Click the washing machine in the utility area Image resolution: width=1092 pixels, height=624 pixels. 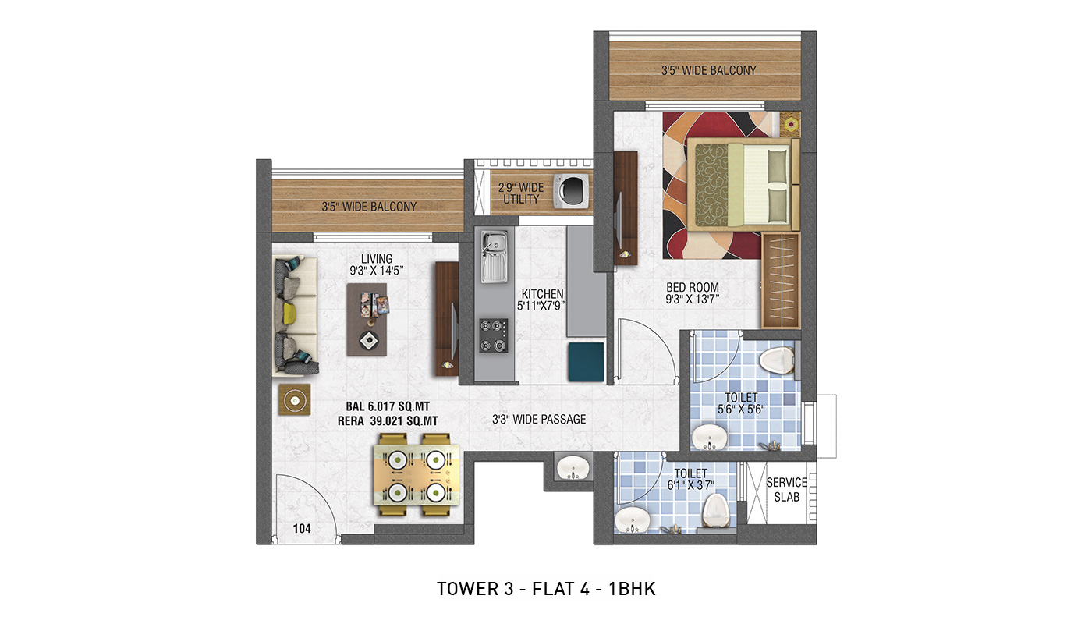point(571,190)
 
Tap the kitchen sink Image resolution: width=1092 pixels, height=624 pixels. point(495,257)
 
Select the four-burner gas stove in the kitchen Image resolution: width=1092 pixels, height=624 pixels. point(493,335)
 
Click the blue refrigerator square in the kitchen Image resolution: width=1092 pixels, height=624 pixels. point(586,362)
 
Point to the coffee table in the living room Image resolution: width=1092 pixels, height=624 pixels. point(367,319)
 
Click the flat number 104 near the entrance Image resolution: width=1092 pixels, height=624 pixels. point(302,529)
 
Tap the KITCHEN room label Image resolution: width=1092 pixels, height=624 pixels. point(542,294)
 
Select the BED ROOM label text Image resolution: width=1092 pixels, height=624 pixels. point(693,287)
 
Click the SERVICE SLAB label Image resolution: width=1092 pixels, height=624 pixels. point(786,490)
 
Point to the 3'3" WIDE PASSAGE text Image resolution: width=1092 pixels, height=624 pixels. point(539,420)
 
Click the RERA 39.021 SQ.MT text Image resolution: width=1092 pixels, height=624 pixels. point(388,420)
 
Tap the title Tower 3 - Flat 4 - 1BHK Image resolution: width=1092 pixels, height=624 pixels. point(546,589)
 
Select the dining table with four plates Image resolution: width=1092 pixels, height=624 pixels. point(417,475)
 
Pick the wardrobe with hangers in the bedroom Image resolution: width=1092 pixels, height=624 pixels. point(781,280)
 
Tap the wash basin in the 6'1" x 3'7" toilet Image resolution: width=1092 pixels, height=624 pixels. point(632,519)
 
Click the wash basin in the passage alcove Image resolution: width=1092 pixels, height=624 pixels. point(573,467)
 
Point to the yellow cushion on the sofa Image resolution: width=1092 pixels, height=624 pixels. point(289,313)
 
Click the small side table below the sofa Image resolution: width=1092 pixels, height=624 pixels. point(295,399)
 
